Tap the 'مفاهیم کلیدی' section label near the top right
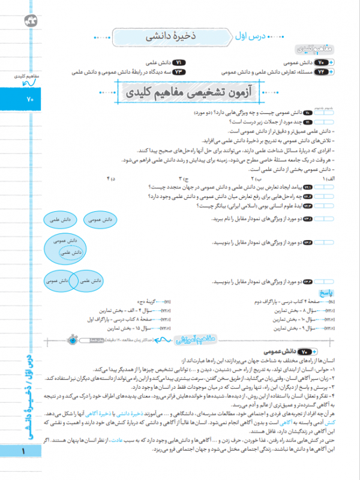[310, 50]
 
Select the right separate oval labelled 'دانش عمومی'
[101, 221]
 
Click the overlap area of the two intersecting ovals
[71, 280]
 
